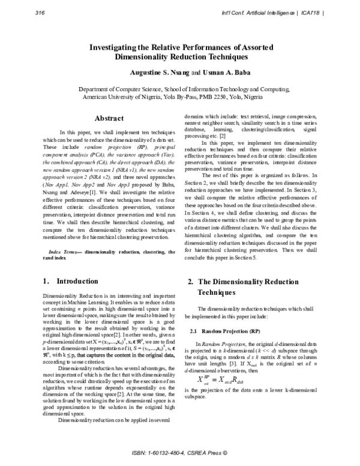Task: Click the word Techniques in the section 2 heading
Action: pyautogui.click(x=220, y=292)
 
